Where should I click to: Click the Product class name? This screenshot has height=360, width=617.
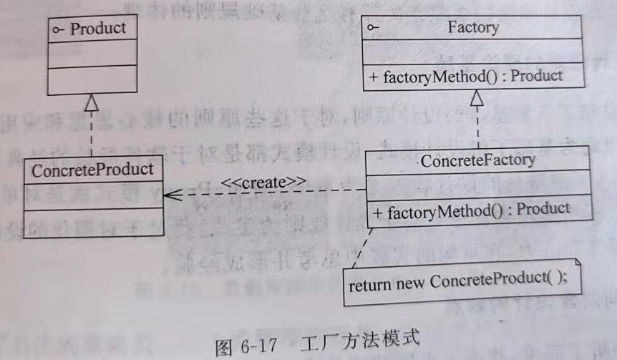98,29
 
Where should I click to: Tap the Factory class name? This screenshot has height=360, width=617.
472,28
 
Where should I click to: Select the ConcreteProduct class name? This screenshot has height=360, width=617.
93,170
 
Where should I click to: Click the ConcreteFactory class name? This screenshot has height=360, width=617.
477,160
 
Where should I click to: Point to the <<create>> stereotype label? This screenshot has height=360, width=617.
264,182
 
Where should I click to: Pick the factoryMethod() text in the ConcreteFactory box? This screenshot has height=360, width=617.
432,209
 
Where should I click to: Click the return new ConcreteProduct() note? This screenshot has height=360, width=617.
457,282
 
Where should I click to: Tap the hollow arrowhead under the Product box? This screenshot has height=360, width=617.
91,103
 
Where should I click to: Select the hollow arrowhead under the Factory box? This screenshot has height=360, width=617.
477,99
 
